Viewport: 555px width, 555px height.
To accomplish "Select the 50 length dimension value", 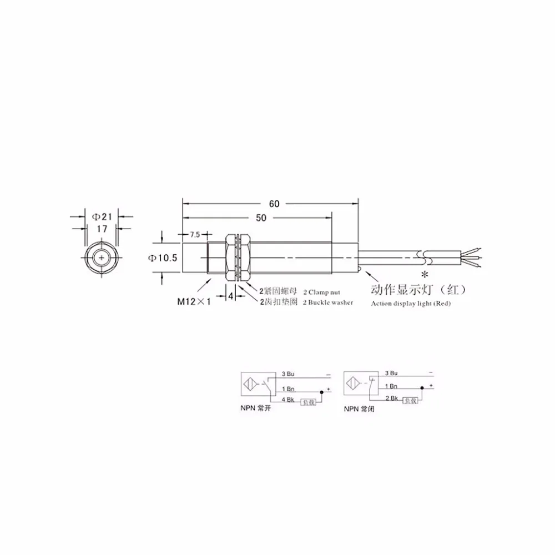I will click(x=261, y=219).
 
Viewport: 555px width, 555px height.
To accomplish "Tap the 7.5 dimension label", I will click(x=194, y=235).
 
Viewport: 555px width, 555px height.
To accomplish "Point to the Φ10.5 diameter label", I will click(x=163, y=259).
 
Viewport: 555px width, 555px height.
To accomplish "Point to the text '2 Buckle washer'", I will click(x=328, y=302).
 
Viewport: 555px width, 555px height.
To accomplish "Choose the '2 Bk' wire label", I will click(x=391, y=399).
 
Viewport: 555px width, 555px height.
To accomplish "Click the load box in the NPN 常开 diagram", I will click(x=308, y=401).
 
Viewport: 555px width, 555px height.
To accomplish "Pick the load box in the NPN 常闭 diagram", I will click(x=410, y=400).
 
